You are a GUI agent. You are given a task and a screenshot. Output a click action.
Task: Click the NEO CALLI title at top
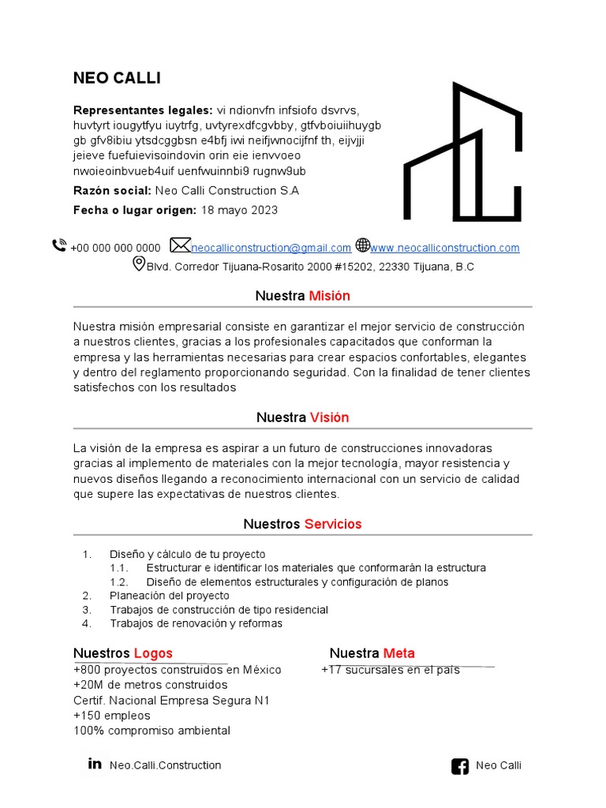click(x=117, y=78)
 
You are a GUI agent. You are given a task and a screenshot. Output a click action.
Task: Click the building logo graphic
click(x=462, y=151)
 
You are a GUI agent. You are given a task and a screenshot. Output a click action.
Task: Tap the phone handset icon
click(x=59, y=245)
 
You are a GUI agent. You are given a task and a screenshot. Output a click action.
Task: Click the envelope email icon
click(x=181, y=245)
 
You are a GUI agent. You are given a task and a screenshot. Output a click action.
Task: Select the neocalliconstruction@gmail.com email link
click(x=271, y=248)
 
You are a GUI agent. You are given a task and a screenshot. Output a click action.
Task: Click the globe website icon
click(x=362, y=245)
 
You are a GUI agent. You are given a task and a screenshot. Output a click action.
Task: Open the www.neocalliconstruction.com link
click(x=445, y=248)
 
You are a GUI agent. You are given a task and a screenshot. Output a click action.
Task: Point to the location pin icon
click(x=139, y=264)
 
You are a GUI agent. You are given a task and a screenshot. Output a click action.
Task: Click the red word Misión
click(x=329, y=296)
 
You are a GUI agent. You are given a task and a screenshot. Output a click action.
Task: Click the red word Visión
click(x=329, y=417)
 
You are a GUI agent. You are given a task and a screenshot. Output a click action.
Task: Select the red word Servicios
click(x=332, y=524)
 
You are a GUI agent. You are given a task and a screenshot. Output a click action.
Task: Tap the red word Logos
click(x=153, y=653)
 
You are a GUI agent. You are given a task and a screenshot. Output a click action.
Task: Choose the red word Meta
click(x=398, y=653)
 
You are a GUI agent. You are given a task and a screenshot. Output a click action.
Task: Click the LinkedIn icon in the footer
click(x=95, y=764)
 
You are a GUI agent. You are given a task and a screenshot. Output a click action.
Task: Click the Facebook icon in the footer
click(x=459, y=765)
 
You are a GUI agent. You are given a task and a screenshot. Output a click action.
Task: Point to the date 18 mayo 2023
click(x=239, y=211)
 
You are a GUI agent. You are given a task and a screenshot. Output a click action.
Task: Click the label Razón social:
click(x=112, y=191)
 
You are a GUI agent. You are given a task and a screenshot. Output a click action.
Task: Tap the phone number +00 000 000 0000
click(x=115, y=248)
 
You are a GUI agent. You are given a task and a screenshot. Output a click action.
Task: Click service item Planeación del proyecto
click(x=170, y=596)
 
